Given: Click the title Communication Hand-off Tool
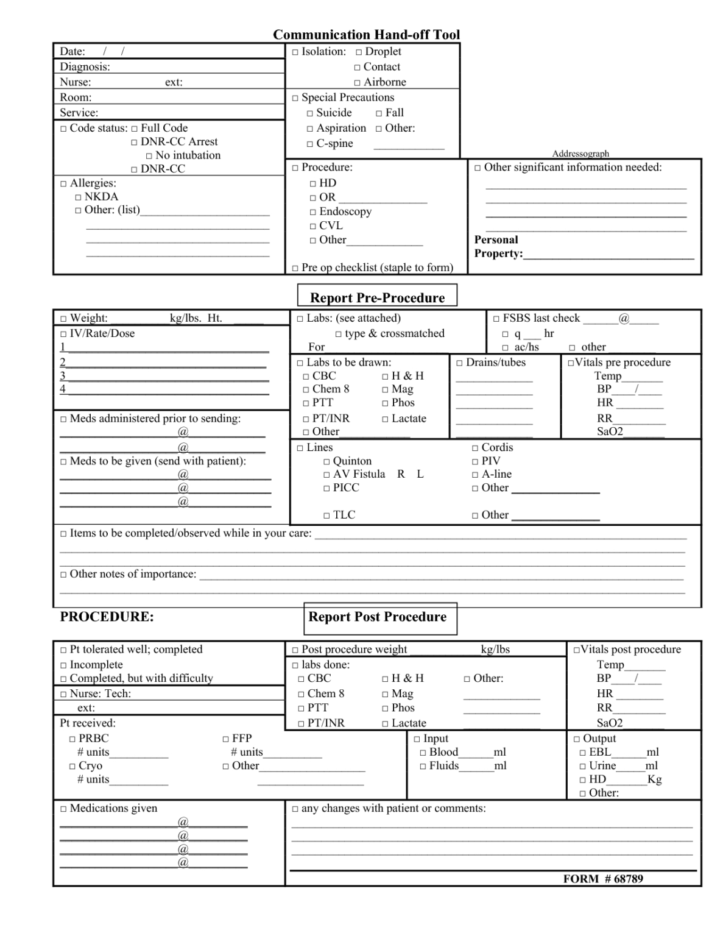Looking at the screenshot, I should pos(366,35).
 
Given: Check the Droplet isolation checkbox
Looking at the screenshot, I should pos(359,52).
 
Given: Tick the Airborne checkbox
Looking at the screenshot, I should pos(358,83).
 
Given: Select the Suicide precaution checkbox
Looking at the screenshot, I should pos(310,113).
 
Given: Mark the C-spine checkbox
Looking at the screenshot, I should pos(310,144).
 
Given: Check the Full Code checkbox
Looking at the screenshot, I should pos(135,129).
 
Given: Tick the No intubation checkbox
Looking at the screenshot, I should pos(149,156).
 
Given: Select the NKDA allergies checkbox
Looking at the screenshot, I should pos(78,197).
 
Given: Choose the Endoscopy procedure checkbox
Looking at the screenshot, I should pos(313,212).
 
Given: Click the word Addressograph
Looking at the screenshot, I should pos(580,154).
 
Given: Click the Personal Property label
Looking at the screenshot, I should pos(498,247).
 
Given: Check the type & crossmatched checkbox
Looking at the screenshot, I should pos(339,334).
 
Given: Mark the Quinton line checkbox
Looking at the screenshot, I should pos(327,462).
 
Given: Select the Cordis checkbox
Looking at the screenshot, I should pos(475,448).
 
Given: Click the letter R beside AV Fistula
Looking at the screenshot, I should pos(401,474).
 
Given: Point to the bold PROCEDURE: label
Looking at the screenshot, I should pos(107,617).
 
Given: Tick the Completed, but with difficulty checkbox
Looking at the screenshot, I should pos(63,679).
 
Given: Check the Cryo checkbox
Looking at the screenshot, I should pos(72,767).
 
